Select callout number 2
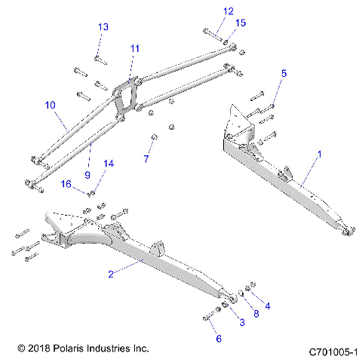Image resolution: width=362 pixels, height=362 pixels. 111,274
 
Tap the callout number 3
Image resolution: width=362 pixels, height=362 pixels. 241,322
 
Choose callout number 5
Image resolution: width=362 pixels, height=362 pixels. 284,73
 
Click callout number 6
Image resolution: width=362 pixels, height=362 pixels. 219,339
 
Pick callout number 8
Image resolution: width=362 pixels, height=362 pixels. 256,313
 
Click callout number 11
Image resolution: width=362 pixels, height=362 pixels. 134,48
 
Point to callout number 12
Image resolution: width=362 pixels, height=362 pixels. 207,11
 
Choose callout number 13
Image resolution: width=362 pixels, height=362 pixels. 103,27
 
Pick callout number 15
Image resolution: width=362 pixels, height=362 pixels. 240,23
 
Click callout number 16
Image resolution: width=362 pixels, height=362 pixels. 87,183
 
